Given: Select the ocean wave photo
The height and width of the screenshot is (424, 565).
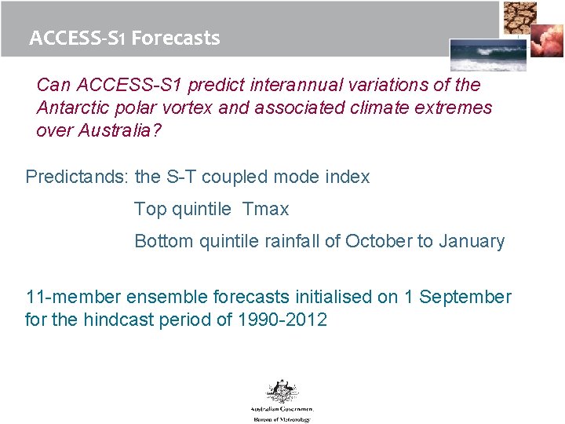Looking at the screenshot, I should point(477,55).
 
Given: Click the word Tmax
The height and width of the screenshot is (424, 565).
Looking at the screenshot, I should point(266,209).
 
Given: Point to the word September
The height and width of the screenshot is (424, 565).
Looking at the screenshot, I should point(466,297).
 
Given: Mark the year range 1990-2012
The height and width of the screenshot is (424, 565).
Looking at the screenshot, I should point(282,320).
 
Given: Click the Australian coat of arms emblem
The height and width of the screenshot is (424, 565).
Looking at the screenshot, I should point(282,392).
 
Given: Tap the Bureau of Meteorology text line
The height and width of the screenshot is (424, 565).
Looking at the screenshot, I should point(282,419).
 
